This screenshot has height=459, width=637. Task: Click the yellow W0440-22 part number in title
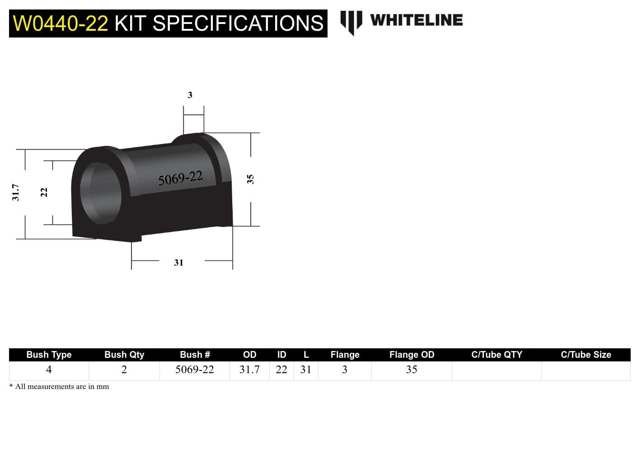pos(60,23)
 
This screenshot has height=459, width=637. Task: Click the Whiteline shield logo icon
pos(351,22)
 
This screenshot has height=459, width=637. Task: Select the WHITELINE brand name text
pos(416,20)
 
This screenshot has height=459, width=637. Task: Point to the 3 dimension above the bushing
pos(190,95)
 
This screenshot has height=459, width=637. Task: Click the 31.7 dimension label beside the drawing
pos(16,192)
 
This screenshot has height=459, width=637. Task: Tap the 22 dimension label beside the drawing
pos(44,192)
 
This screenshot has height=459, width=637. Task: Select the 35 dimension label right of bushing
pos(250,179)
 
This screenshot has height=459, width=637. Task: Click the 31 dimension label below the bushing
pos(178,262)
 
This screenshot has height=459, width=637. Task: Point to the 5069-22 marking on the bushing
pos(180,178)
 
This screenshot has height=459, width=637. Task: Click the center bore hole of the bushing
pos(101,192)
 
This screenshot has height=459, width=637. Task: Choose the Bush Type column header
pos(49,355)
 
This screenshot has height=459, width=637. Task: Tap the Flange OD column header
pos(412,355)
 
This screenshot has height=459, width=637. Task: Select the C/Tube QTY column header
pos(496,355)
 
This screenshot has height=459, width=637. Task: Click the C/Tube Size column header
pos(585,355)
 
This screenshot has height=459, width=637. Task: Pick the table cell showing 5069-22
pos(194,370)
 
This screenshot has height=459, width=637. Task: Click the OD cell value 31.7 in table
pos(249,370)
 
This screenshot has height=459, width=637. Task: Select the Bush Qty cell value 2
pos(124,370)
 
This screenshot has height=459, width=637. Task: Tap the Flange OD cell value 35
pos(411,370)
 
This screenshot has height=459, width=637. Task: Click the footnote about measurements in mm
pos(59,386)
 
